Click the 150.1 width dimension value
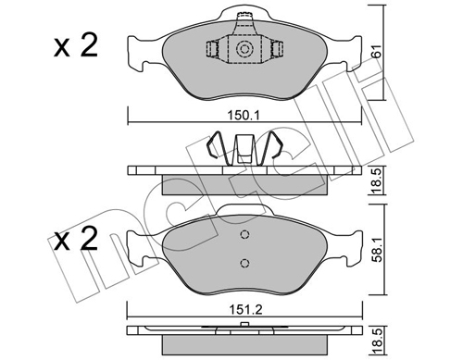(244, 116)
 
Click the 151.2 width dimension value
(245, 309)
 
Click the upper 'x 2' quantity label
(76, 46)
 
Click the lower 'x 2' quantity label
(76, 240)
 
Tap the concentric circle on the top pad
(244, 49)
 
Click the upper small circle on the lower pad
(244, 235)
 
